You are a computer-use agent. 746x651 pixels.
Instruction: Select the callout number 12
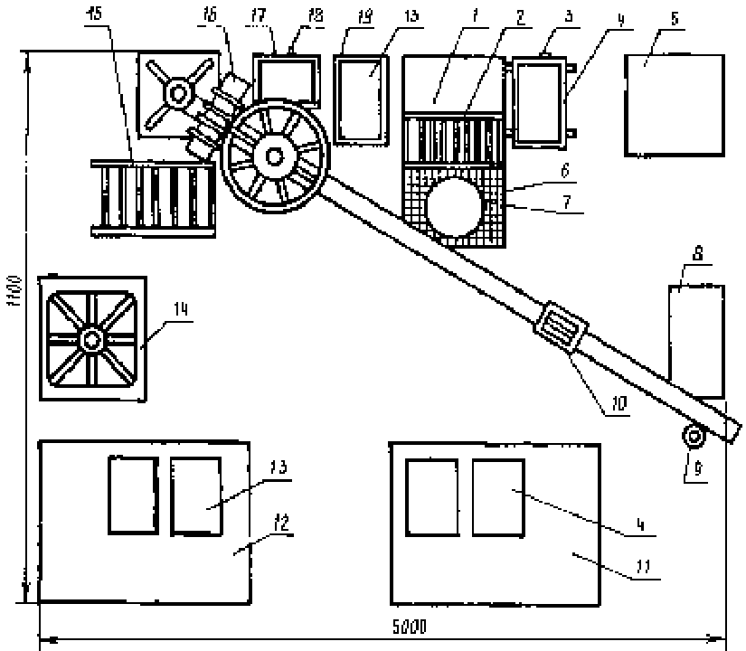pos(280,524)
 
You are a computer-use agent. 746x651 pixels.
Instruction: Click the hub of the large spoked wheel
pos(273,155)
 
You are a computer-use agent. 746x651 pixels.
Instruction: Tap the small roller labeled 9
pos(694,438)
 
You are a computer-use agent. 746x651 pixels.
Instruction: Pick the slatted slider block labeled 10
pos(561,327)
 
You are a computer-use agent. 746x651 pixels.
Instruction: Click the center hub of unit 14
pos(90,340)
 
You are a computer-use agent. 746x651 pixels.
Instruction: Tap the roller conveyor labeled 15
pos(154,197)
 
